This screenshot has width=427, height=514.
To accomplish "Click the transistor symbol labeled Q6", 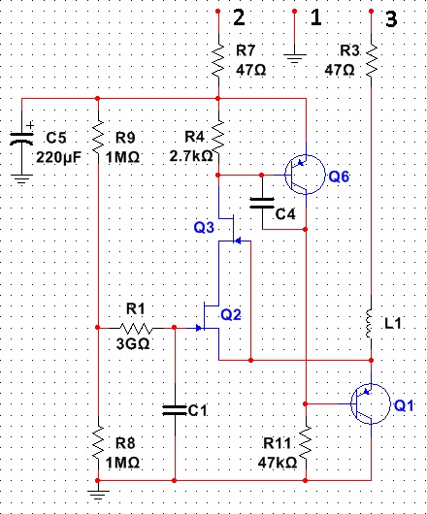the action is click(x=305, y=175).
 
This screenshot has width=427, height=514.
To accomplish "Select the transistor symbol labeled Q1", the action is click(x=371, y=403).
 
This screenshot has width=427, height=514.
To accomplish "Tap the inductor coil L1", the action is click(x=370, y=323).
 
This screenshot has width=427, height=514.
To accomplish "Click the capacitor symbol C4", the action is click(x=262, y=203).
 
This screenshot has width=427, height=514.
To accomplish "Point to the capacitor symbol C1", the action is click(x=175, y=410).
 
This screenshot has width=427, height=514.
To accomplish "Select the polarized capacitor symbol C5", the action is click(x=22, y=138).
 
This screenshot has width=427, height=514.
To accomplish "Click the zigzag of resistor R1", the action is click(x=136, y=328).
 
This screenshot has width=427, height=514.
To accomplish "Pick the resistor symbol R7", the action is click(x=218, y=61).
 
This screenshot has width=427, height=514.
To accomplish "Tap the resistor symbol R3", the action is click(x=372, y=61).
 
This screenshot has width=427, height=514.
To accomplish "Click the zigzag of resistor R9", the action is click(x=98, y=138).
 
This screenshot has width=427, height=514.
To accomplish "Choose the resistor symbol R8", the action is click(x=98, y=443).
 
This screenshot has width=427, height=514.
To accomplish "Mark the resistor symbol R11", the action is click(x=306, y=443).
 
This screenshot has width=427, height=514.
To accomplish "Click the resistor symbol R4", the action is click(x=218, y=138).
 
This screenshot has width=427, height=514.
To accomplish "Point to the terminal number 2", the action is click(x=239, y=17).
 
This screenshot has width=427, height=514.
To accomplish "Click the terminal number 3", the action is click(x=391, y=18).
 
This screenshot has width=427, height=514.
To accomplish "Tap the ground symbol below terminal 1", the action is click(x=294, y=58).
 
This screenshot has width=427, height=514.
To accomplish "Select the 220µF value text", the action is click(x=58, y=157).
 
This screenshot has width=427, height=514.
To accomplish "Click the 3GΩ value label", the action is click(x=133, y=344).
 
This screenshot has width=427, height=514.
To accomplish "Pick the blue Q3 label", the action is click(x=204, y=227).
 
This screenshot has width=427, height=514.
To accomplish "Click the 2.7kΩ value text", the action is click(x=191, y=156).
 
